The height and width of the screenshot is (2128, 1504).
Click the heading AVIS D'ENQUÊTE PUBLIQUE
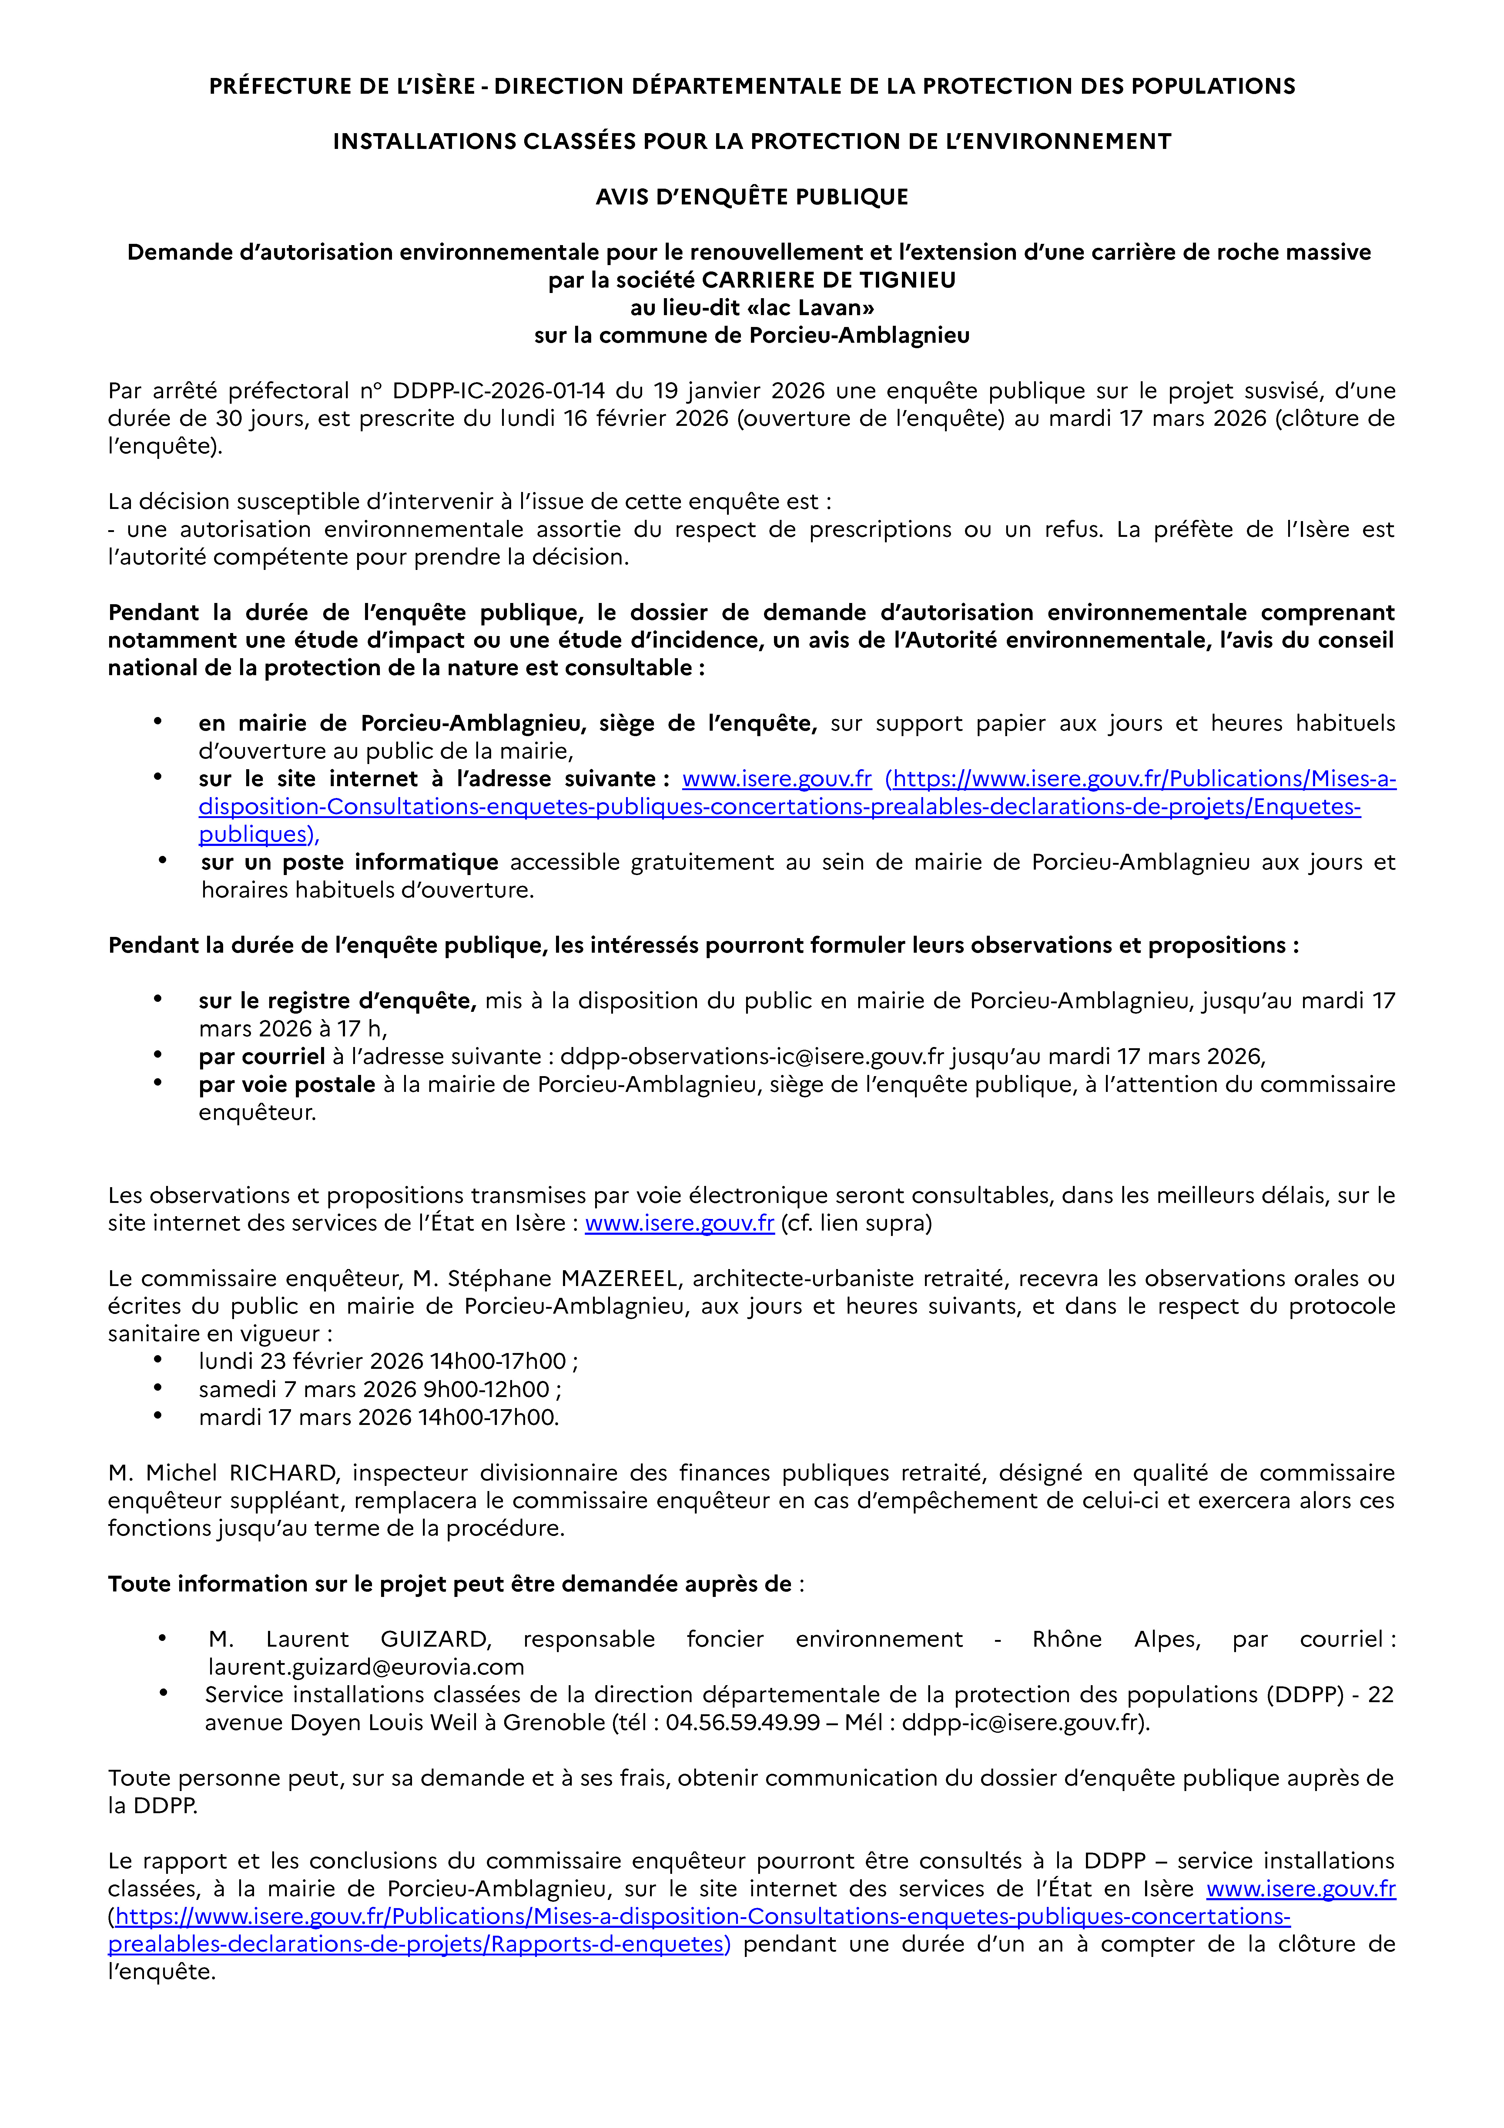click(x=752, y=197)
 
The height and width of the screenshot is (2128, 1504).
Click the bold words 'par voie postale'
click(x=287, y=1084)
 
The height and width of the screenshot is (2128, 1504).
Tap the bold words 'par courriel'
click(x=262, y=1057)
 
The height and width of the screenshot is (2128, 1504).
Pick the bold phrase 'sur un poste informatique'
click(x=349, y=862)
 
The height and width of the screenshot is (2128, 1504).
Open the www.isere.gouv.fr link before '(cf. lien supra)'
click(x=679, y=1224)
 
